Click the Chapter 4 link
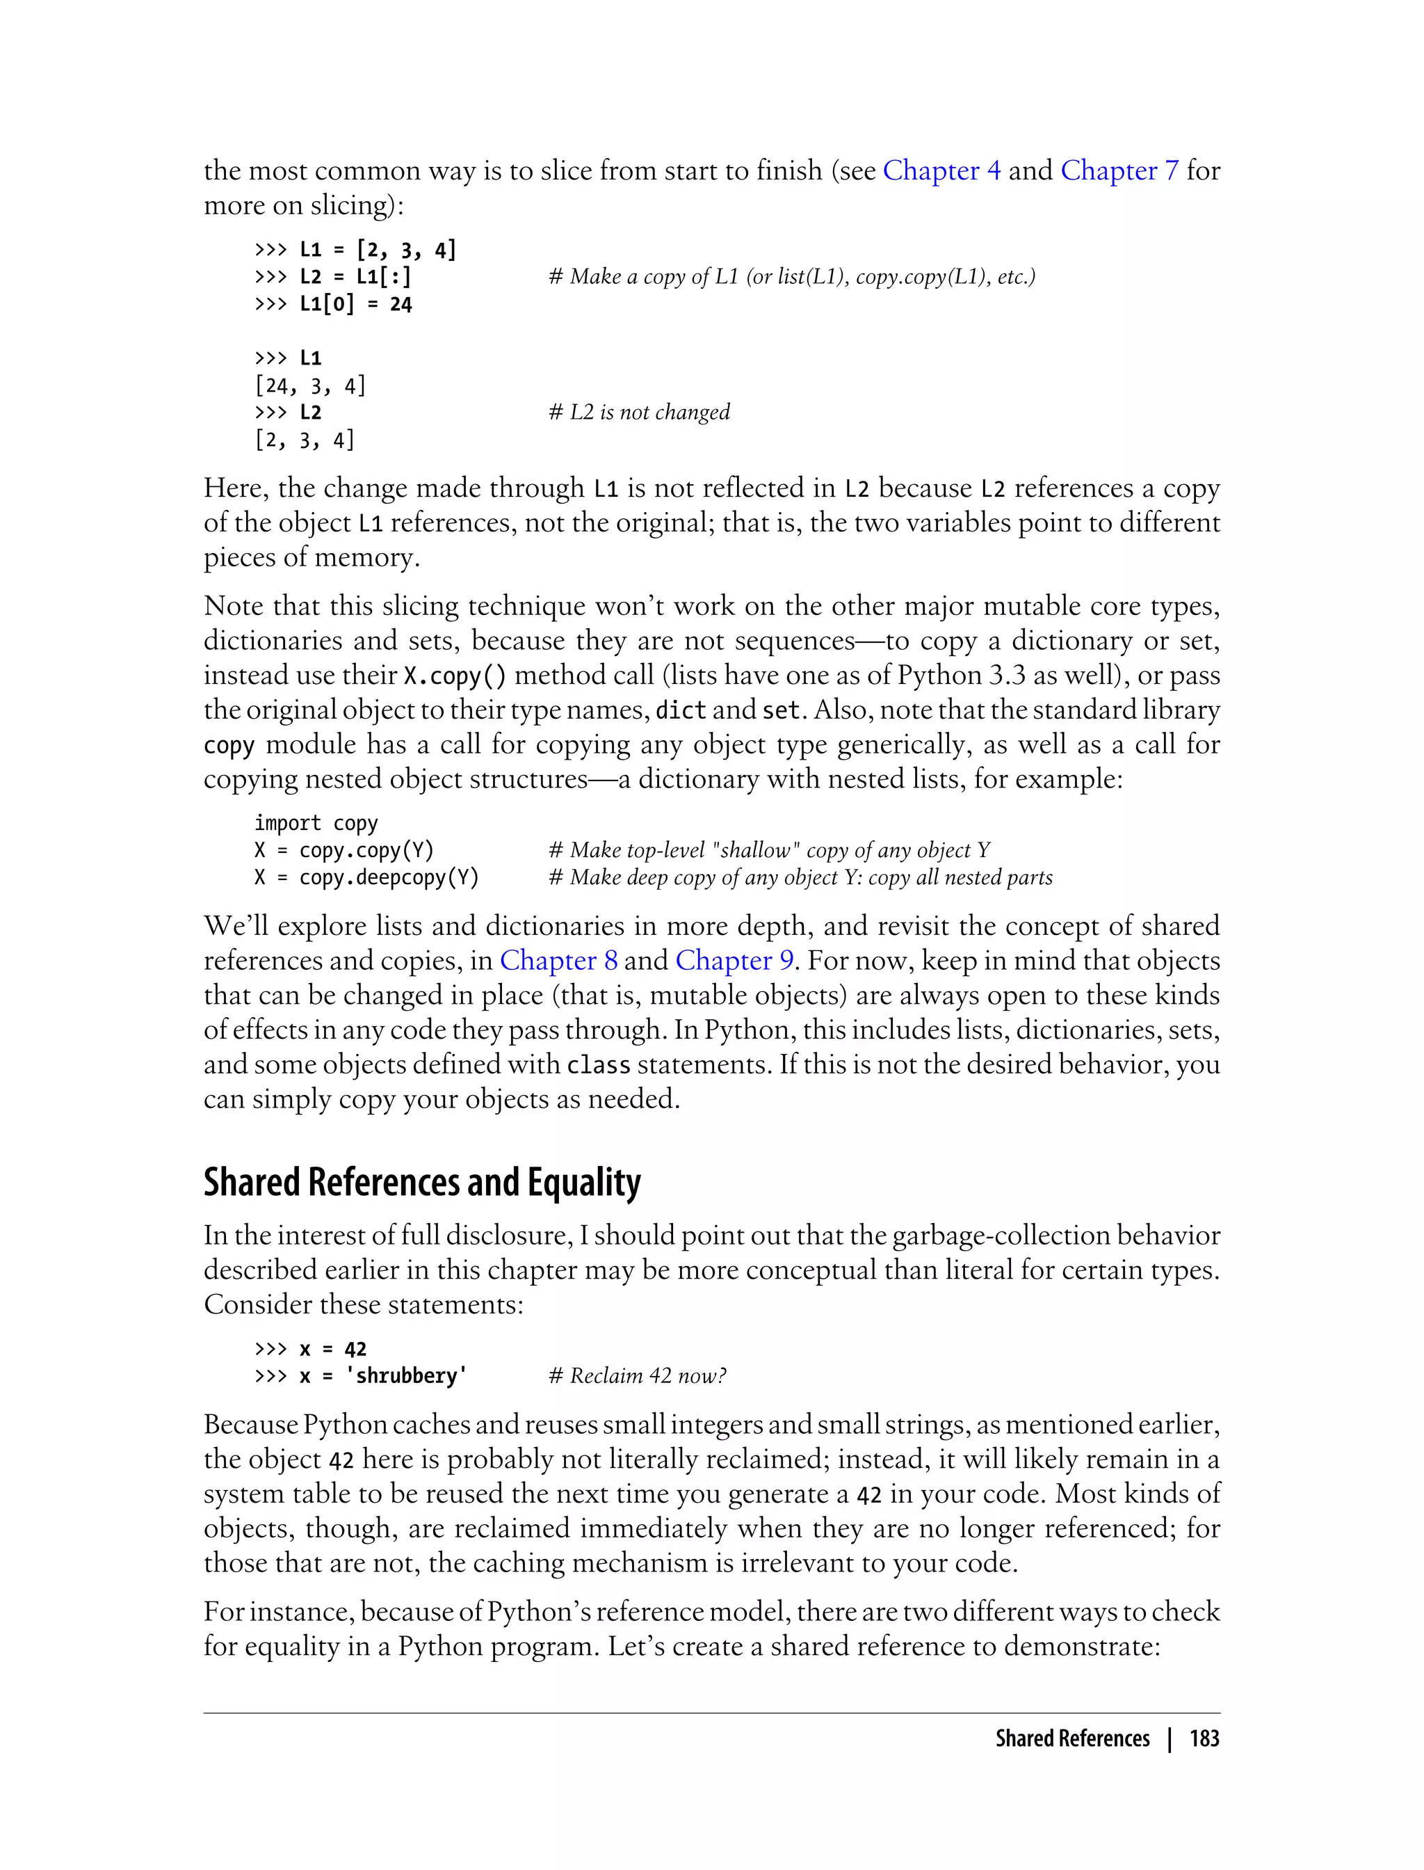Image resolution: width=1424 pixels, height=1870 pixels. [941, 170]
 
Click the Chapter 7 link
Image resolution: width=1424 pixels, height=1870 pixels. [1119, 170]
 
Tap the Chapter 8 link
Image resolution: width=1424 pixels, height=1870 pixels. [558, 960]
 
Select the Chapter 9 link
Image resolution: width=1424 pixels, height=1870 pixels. [734, 960]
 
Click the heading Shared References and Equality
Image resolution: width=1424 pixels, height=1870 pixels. [422, 1181]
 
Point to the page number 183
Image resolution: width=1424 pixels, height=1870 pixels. [1204, 1738]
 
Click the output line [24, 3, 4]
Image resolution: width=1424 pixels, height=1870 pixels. [310, 386]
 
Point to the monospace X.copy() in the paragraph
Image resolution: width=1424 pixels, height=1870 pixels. [455, 676]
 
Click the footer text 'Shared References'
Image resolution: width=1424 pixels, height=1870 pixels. [1072, 1738]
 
